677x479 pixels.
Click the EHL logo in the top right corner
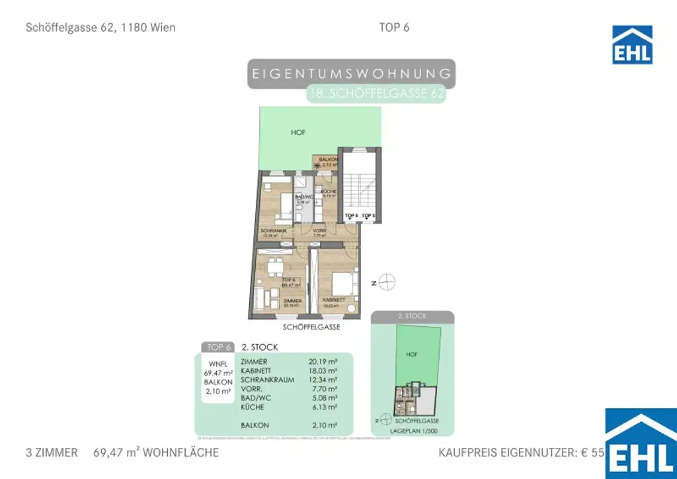coord(632,45)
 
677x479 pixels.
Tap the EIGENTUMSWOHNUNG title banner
coord(352,73)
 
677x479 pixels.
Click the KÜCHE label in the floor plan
coord(329,192)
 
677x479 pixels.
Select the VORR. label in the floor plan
coord(320,230)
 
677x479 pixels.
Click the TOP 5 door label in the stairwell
coord(368,216)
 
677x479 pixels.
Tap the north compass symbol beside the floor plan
coord(387,282)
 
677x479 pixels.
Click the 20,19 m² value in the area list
coord(323,362)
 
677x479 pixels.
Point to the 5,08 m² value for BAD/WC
coord(323,398)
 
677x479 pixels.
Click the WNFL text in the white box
coord(218,363)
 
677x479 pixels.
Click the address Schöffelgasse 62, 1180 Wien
coord(100,28)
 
